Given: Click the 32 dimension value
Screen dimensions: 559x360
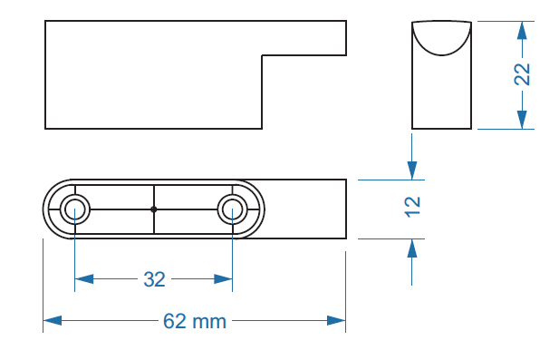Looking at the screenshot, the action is tap(154, 279).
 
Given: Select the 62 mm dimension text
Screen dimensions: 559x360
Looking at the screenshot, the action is tap(195, 321).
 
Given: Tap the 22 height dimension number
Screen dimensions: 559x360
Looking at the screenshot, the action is tap(522, 74).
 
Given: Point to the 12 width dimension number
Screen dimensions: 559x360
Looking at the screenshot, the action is tap(412, 207).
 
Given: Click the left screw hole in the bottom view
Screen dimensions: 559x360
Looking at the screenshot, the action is tap(75, 209).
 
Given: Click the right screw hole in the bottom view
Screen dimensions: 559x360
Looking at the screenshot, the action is tap(233, 209).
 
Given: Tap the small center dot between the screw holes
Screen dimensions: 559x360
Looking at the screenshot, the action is tap(154, 209).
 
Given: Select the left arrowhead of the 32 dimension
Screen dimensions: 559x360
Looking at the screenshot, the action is tap(84, 279).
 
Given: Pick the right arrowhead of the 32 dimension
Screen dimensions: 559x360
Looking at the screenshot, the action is tap(223, 279).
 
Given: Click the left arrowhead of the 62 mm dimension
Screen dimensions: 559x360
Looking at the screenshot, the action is tap(53, 320).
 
